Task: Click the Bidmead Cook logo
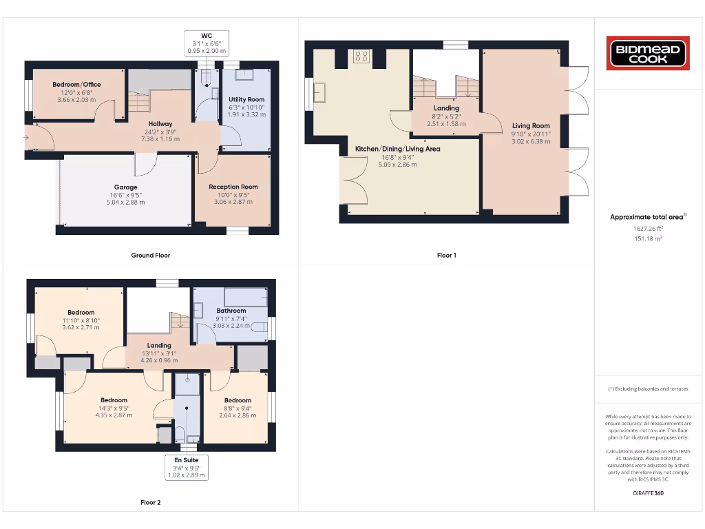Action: [x=648, y=54]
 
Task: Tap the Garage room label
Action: [x=125, y=187]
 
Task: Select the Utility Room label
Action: [x=246, y=100]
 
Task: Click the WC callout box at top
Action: [x=207, y=43]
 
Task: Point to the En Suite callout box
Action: [x=187, y=467]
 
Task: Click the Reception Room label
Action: [x=233, y=187]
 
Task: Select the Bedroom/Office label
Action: [x=76, y=85]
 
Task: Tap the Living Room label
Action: [x=531, y=126]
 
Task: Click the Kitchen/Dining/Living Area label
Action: [x=397, y=149]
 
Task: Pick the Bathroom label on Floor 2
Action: [x=231, y=311]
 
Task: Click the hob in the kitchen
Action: [x=361, y=56]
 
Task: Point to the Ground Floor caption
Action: [x=150, y=255]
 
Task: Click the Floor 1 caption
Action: [x=446, y=255]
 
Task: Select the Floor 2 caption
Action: [x=150, y=502]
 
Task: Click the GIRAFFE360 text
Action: [x=648, y=493]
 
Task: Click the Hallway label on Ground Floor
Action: [x=160, y=124]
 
